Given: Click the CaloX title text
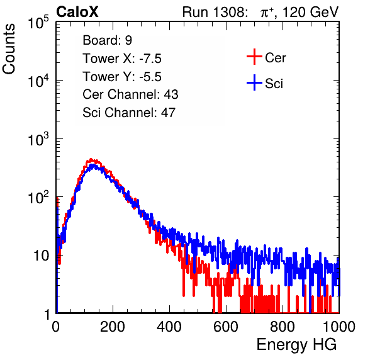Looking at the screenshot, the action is tap(77, 12).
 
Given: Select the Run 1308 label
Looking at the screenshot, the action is tap(215, 12).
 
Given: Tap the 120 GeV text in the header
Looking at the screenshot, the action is tap(311, 12).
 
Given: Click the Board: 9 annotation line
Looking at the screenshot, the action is tap(107, 40).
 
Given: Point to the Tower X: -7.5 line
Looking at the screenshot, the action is tap(122, 59).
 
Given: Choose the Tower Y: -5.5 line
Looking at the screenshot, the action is tap(122, 77).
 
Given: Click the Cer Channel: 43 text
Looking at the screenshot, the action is tap(130, 94).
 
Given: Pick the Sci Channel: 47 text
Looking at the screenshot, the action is tap(129, 113).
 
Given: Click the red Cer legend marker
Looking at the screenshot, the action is tap(254, 57).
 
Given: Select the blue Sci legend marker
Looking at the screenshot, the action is tap(254, 83).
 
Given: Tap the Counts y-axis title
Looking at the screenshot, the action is tap(9, 49).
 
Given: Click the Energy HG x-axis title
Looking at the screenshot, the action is tap(296, 344).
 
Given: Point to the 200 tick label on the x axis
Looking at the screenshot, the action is tap(113, 327).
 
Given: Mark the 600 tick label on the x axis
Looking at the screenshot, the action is tap(226, 327).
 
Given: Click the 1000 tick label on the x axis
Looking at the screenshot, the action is tap(339, 327).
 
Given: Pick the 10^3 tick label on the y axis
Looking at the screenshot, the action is tap(38, 139).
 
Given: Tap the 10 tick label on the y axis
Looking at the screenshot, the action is tap(42, 256).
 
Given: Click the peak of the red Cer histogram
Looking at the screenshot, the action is tap(91, 159).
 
